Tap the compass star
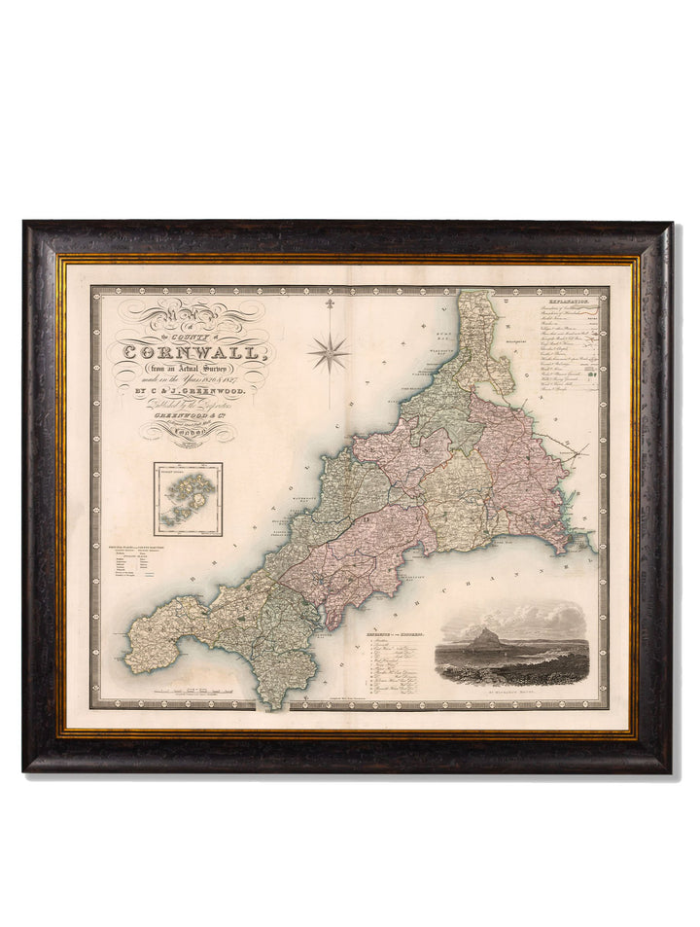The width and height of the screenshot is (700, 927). (329, 352)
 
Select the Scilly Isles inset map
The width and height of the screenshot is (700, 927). (188, 499)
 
